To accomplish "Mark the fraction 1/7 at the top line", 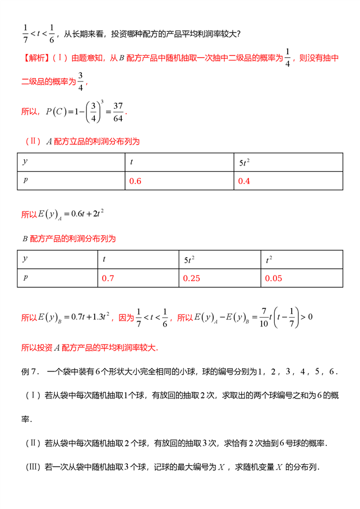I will (x=24, y=33).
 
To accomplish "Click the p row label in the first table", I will (x=25, y=180).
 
